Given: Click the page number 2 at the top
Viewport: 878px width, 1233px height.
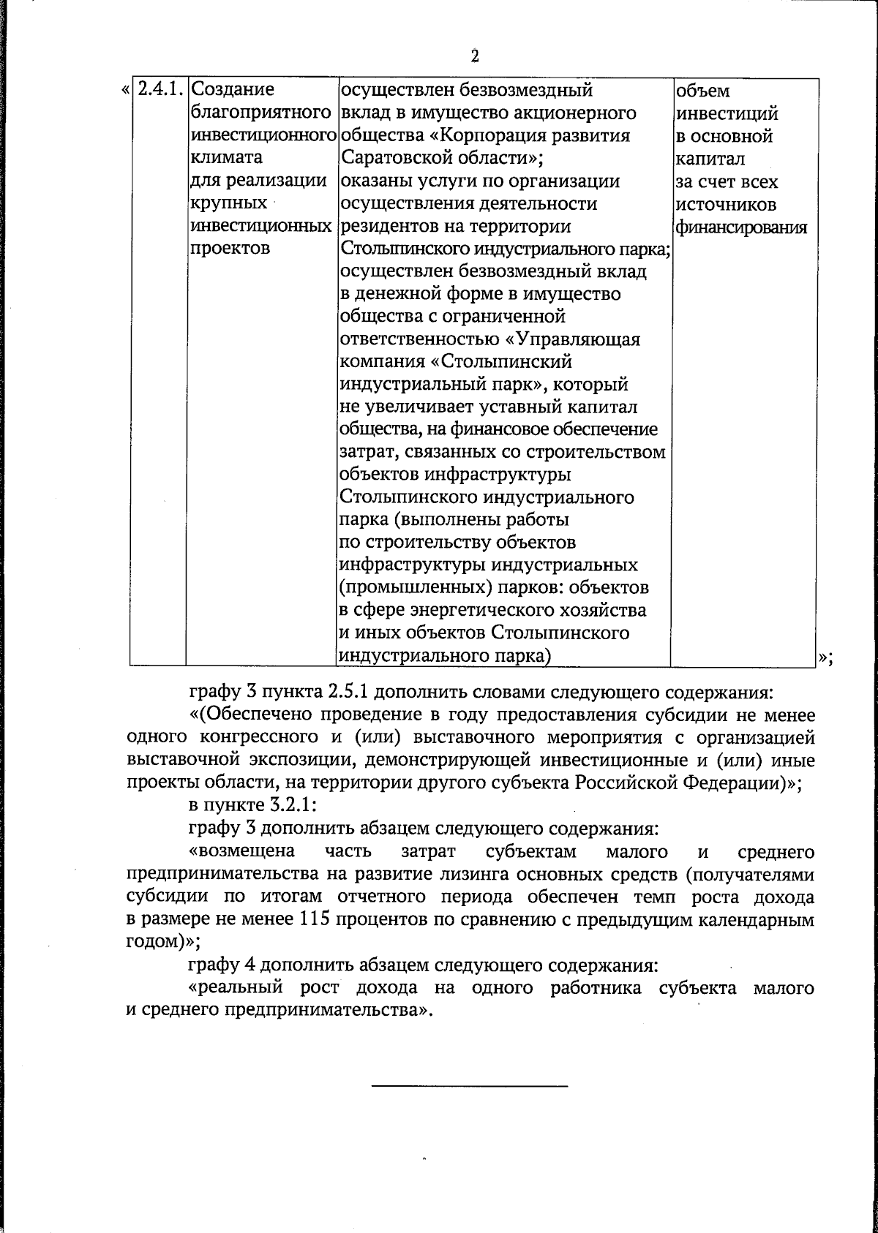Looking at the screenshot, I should point(474,56).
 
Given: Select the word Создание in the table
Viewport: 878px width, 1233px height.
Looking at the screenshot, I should point(232,91).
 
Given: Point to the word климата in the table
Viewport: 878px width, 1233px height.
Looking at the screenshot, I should point(226,158).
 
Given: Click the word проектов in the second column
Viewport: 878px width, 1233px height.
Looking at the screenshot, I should point(230,249).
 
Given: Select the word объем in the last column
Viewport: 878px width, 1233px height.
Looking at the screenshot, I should point(703,91).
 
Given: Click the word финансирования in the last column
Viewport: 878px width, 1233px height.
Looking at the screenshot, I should point(741,227).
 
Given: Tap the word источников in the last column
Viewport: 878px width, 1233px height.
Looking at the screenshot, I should point(727,205).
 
